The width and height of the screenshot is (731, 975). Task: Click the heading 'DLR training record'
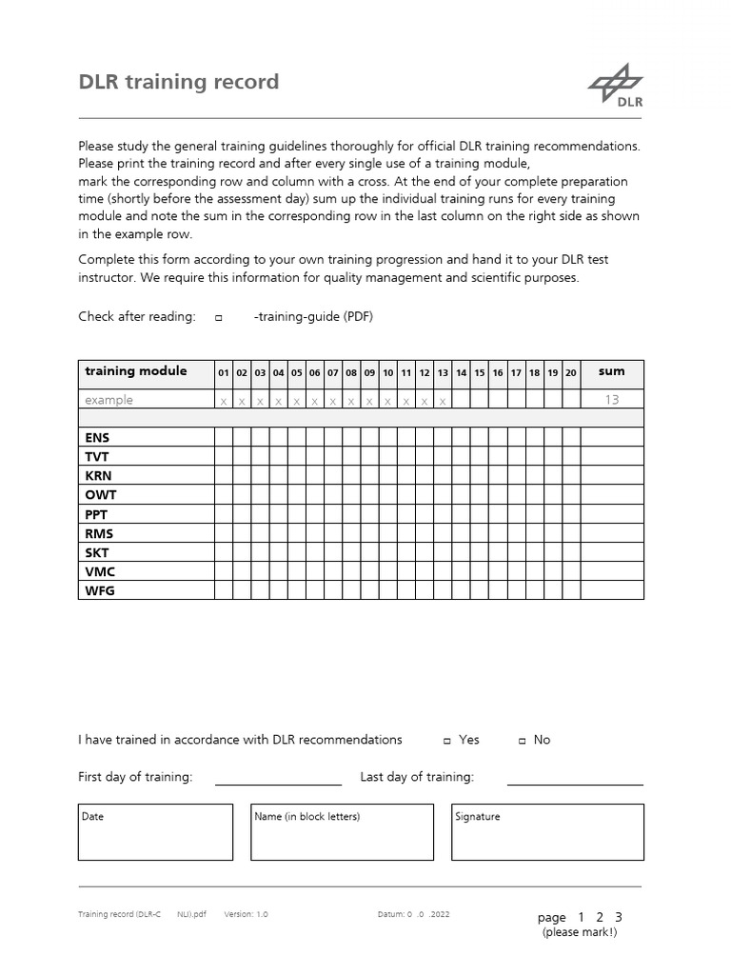(x=178, y=82)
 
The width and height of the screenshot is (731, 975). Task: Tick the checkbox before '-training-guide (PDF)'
(x=218, y=318)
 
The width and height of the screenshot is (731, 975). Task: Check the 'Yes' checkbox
(x=447, y=741)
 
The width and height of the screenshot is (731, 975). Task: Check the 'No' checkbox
(x=522, y=741)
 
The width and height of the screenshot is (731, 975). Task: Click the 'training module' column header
(x=135, y=371)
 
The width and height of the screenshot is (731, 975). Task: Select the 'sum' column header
(x=611, y=371)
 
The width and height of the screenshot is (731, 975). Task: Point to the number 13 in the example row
(x=611, y=400)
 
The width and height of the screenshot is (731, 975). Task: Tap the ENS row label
(x=97, y=438)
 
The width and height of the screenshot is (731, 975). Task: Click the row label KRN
(x=98, y=476)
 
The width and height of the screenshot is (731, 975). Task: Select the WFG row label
(x=99, y=590)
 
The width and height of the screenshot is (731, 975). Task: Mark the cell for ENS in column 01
(x=224, y=438)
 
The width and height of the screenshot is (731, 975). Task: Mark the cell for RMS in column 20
(x=570, y=533)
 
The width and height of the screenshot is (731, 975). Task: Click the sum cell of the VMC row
(x=611, y=571)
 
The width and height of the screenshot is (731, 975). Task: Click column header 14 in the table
(x=461, y=373)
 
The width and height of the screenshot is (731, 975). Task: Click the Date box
(x=155, y=831)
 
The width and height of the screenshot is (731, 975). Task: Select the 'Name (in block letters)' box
(x=342, y=831)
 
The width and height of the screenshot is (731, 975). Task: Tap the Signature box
(x=547, y=831)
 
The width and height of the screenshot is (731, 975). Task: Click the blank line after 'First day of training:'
(x=278, y=778)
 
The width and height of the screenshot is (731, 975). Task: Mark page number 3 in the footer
(x=619, y=917)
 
